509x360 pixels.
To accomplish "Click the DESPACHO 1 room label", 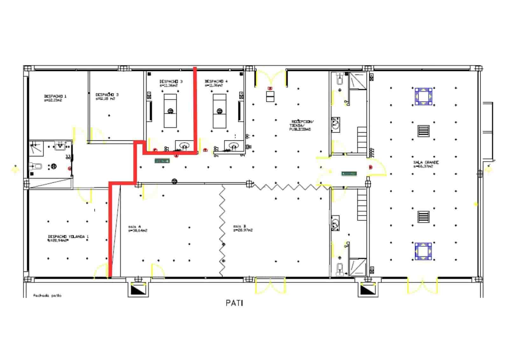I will [55, 96].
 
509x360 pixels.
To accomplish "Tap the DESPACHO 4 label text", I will [216, 81].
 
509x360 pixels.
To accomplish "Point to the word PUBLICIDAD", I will [300, 129].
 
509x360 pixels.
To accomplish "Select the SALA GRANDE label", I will [426, 162].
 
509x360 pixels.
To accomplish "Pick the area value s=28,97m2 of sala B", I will [243, 230].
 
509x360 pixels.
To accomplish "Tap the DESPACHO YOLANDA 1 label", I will [68, 236].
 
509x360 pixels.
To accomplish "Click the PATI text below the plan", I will [234, 303].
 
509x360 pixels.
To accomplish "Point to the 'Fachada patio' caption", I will [47, 295].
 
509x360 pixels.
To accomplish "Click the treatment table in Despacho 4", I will [220, 111].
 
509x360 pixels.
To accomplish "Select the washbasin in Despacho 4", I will [234, 146].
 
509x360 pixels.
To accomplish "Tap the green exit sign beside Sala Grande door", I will [349, 173].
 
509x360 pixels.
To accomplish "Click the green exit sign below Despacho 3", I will [162, 161].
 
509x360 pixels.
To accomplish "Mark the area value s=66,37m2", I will [423, 166].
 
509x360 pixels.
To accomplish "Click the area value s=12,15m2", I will [53, 100].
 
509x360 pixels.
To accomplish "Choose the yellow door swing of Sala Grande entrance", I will [378, 168].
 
